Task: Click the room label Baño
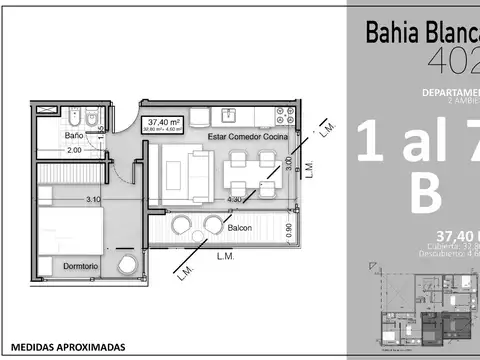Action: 74,134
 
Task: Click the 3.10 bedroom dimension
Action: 93,200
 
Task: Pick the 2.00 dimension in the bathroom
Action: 74,150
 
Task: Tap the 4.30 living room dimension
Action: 235,200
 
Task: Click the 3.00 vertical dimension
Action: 289,165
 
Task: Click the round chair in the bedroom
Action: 126,264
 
